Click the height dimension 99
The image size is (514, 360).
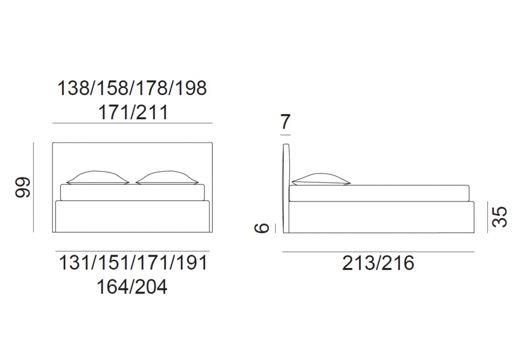pyautogui.click(x=23, y=187)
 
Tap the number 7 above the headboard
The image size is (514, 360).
pyautogui.click(x=285, y=122)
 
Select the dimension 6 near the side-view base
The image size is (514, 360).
pyautogui.click(x=262, y=227)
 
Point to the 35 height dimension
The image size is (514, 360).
pyautogui.click(x=500, y=217)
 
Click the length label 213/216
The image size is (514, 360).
pyautogui.click(x=378, y=263)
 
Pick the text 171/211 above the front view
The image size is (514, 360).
pyautogui.click(x=133, y=113)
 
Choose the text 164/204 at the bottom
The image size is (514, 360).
pyautogui.click(x=132, y=286)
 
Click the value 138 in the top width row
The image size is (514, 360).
pyautogui.click(x=73, y=88)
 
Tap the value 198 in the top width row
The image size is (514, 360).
pyautogui.click(x=191, y=88)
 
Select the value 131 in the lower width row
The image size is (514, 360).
pyautogui.click(x=75, y=263)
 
